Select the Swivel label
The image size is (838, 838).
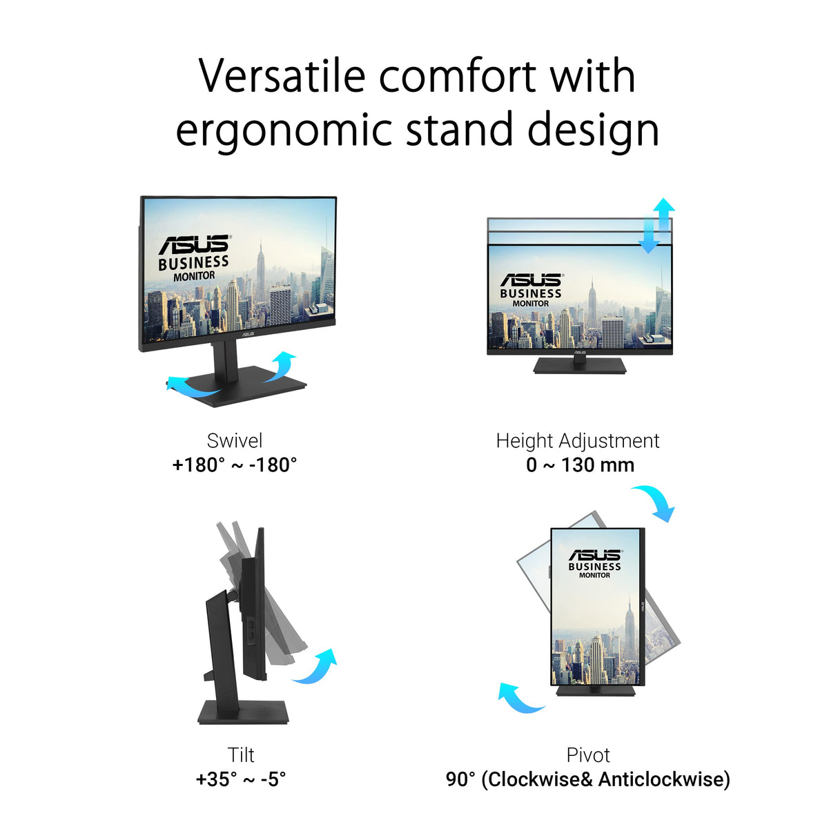pyautogui.click(x=235, y=440)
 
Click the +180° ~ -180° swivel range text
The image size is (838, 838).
pyautogui.click(x=235, y=465)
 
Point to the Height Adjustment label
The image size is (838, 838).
pyautogui.click(x=578, y=440)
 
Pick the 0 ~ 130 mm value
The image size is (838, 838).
pyautogui.click(x=580, y=465)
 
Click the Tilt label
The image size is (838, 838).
pyautogui.click(x=241, y=754)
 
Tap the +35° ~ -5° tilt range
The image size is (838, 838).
pyautogui.click(x=241, y=779)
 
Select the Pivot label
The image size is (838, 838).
pyautogui.click(x=588, y=754)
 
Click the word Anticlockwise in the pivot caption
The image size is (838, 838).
pyautogui.click(x=663, y=779)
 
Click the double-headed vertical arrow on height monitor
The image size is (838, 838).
pyautogui.click(x=656, y=225)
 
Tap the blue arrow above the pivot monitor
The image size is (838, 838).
pyautogui.click(x=654, y=501)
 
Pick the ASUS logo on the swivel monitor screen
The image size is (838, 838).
pyautogui.click(x=194, y=244)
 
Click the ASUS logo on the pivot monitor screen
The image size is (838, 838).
pyautogui.click(x=595, y=555)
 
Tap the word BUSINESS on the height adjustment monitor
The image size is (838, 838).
pyautogui.click(x=531, y=293)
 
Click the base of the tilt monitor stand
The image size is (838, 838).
pyautogui.click(x=243, y=712)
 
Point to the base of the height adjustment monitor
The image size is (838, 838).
pyautogui.click(x=580, y=365)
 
